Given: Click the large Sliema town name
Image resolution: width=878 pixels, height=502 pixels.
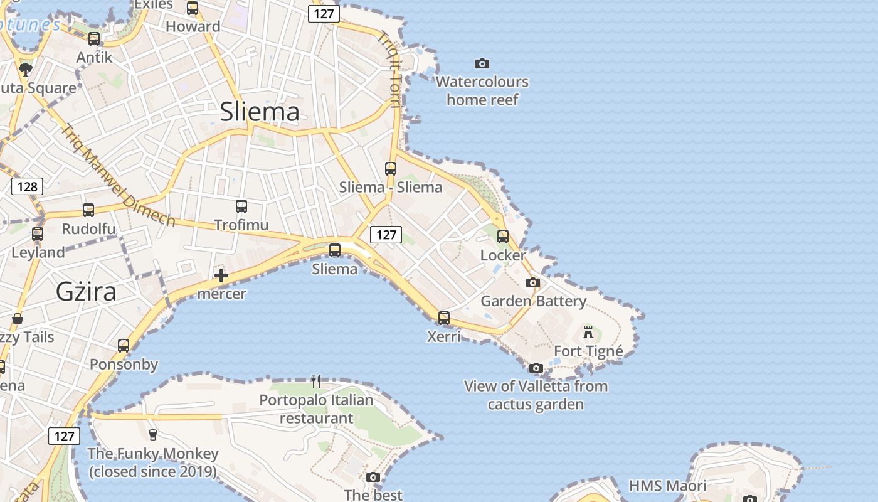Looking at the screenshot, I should (260, 112).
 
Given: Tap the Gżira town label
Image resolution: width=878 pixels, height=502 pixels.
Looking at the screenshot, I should (86, 292).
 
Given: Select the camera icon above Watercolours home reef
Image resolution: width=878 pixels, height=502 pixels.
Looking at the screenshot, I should (482, 63).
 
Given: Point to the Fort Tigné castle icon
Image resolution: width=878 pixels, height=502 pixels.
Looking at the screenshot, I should (588, 332).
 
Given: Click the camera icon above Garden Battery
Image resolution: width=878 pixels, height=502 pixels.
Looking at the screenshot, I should (533, 283).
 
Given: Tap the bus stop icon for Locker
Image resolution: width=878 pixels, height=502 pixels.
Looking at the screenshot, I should (503, 237).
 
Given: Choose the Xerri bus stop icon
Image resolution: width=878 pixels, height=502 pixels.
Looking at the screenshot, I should (444, 318).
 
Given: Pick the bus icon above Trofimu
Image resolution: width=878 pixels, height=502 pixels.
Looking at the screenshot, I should (241, 206).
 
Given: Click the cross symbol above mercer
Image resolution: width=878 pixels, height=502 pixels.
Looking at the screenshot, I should (221, 275).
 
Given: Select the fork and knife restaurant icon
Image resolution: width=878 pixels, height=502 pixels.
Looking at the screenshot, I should (316, 381).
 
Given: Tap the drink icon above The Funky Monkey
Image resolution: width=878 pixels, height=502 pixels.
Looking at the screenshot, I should (152, 434).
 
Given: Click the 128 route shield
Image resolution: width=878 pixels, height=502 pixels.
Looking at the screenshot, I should (28, 186).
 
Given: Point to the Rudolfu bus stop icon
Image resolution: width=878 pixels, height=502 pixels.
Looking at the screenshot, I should (88, 210).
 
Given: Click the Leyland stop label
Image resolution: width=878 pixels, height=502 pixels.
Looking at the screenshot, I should (38, 253).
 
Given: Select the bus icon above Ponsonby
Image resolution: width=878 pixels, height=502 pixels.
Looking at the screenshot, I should (124, 345).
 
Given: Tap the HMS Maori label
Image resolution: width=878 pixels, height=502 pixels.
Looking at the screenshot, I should (667, 486).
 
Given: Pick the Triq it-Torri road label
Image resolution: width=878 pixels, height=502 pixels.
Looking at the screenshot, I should (388, 69).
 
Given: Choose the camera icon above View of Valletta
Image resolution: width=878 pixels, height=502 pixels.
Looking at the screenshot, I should (536, 368).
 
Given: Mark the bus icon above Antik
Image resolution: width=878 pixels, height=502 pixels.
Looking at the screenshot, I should (94, 39).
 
